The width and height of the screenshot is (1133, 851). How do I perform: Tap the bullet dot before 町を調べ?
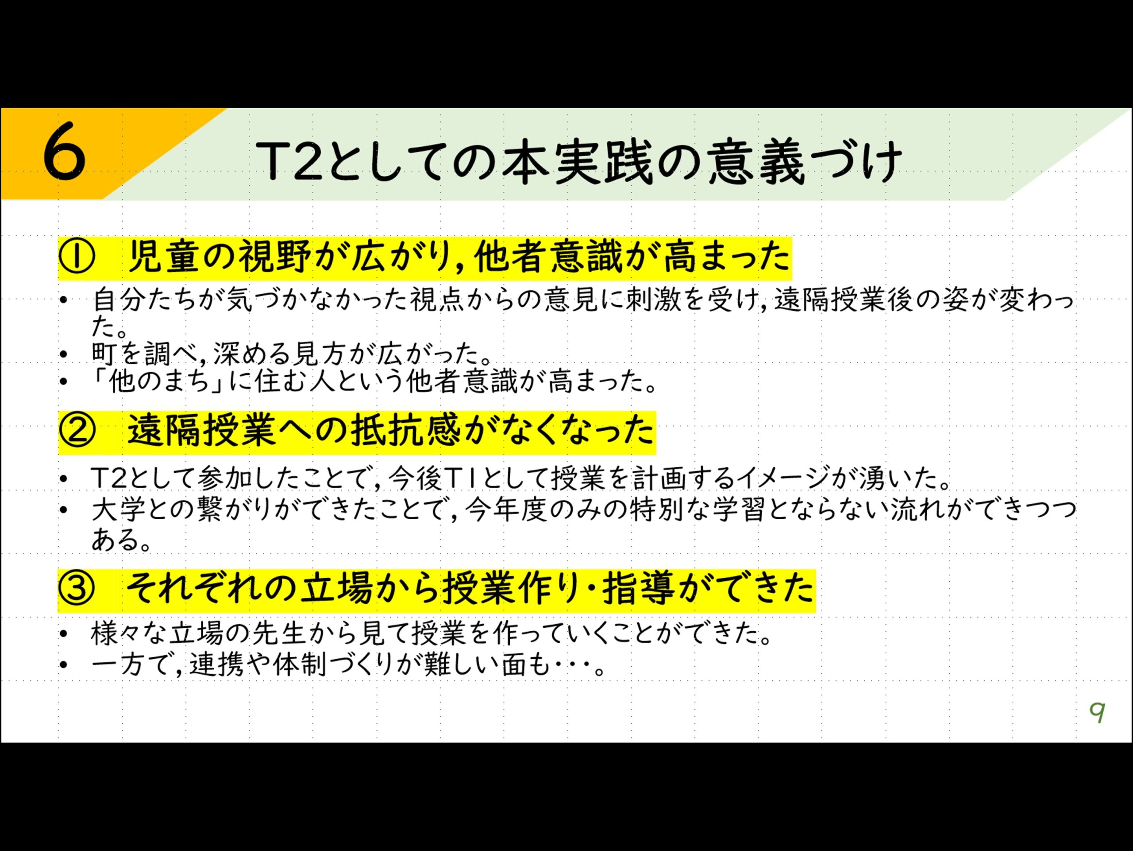[x=63, y=354]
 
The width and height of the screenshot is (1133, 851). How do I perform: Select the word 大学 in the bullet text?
[x=118, y=511]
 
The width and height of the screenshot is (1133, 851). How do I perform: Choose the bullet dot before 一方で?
[x=63, y=666]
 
